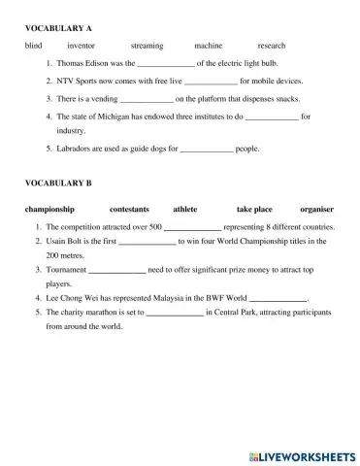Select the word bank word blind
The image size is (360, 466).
(x=34, y=46)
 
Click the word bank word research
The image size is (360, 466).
(x=272, y=46)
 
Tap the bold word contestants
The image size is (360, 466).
(x=130, y=209)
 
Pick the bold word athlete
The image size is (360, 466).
(x=185, y=209)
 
